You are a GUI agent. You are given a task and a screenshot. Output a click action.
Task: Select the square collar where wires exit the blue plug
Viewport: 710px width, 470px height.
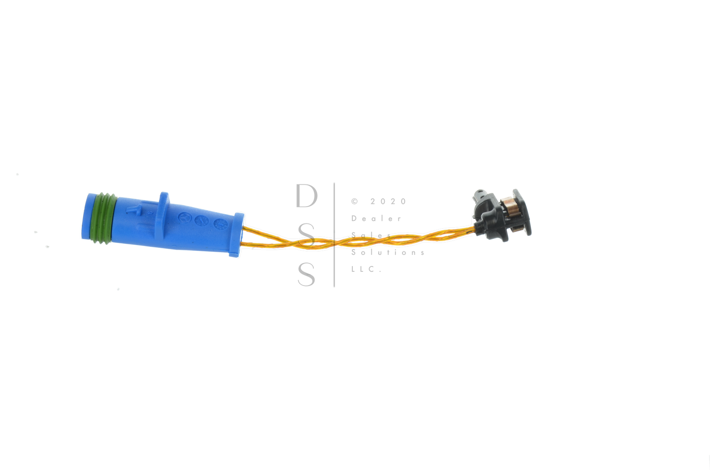pos(238,235)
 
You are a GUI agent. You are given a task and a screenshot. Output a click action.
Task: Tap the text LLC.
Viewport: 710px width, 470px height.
pos(366,269)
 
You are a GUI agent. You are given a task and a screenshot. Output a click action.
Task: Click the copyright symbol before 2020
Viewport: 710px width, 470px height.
pos(354,201)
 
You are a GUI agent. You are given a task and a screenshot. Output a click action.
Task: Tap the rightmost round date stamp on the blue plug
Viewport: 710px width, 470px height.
pos(220,223)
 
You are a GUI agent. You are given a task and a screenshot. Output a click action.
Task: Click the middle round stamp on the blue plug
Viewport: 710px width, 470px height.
pos(202,220)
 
